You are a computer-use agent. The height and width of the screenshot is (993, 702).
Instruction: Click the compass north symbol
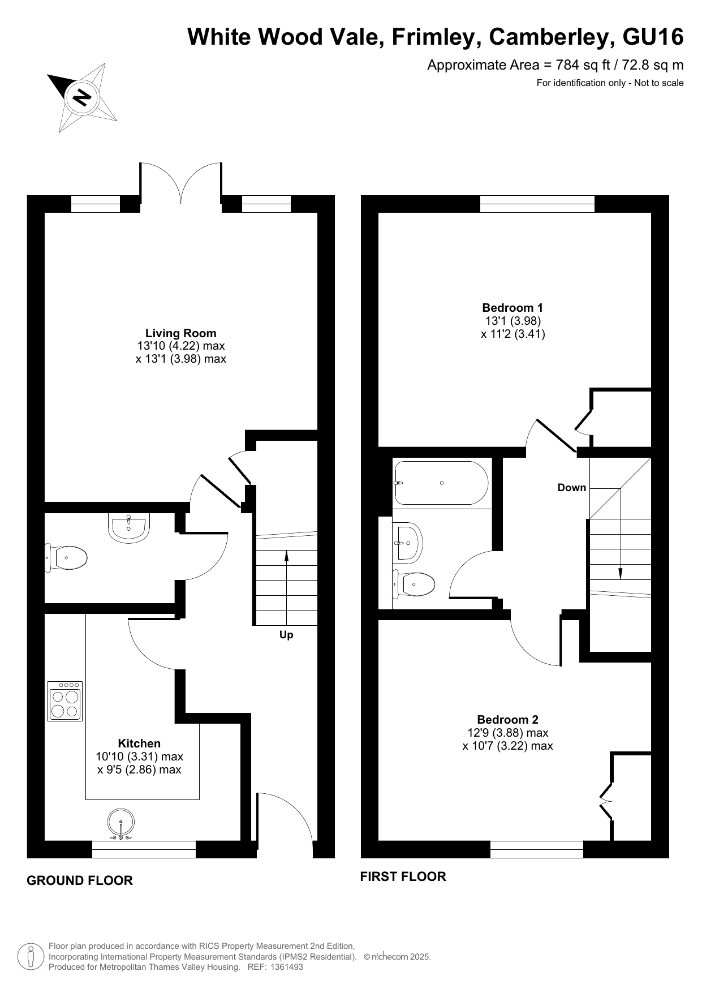click(x=83, y=97)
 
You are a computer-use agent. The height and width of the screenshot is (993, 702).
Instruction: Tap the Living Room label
click(x=181, y=333)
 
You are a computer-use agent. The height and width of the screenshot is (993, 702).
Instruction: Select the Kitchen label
click(x=139, y=743)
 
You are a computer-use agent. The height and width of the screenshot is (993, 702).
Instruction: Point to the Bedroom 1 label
click(x=512, y=308)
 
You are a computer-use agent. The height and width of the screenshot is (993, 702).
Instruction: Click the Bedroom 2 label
click(x=508, y=720)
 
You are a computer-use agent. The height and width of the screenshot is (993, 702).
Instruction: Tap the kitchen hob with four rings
click(x=65, y=700)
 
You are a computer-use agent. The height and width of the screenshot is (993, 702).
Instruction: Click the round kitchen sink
click(x=120, y=823)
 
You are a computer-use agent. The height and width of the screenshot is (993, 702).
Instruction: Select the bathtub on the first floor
click(x=441, y=483)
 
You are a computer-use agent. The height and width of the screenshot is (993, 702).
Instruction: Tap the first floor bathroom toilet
click(x=414, y=583)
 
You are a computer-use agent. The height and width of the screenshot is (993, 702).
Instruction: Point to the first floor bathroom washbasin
click(x=408, y=543)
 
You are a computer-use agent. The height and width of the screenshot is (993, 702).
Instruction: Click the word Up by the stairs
click(x=286, y=635)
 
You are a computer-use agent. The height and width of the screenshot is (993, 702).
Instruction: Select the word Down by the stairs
click(x=572, y=488)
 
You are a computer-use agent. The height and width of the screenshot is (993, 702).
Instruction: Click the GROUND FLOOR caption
click(x=80, y=880)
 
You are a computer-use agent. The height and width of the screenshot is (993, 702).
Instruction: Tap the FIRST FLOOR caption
click(x=403, y=876)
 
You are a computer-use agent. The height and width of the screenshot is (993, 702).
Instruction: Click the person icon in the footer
click(x=31, y=956)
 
